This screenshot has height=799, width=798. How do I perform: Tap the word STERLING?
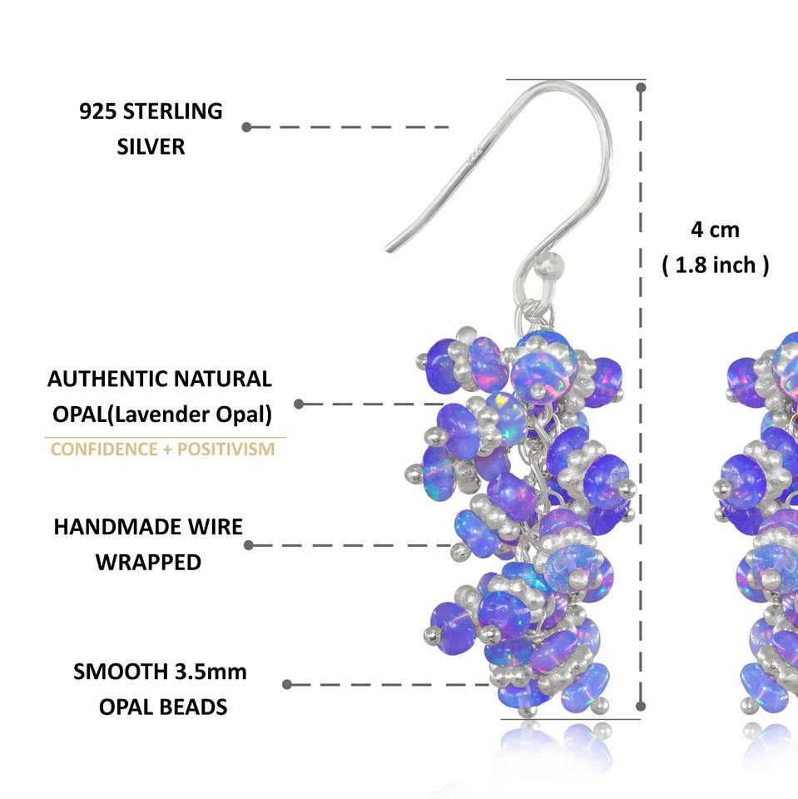click(x=173, y=112)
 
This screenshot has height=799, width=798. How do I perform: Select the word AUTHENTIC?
click(x=107, y=380)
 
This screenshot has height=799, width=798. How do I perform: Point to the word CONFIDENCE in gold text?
click(x=104, y=449)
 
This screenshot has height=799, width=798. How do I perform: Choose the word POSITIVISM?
click(x=226, y=449)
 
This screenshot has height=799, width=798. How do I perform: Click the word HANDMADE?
click(x=117, y=527)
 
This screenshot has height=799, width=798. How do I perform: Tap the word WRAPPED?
click(x=148, y=563)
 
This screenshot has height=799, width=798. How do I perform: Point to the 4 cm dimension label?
click(x=715, y=230)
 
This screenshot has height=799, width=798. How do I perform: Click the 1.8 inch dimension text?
click(x=715, y=266)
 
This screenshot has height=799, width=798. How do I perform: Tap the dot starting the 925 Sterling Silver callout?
click(x=246, y=127)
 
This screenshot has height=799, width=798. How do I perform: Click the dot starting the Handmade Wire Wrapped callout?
click(x=249, y=545)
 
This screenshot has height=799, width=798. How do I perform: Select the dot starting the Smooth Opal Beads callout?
click(x=287, y=684)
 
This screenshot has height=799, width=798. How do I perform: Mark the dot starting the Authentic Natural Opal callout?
click(x=299, y=404)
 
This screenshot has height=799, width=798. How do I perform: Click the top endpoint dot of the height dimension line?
click(x=641, y=87)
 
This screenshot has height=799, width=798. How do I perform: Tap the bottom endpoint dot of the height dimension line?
click(x=641, y=707)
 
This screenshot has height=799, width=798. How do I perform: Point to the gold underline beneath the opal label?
click(x=165, y=437)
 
